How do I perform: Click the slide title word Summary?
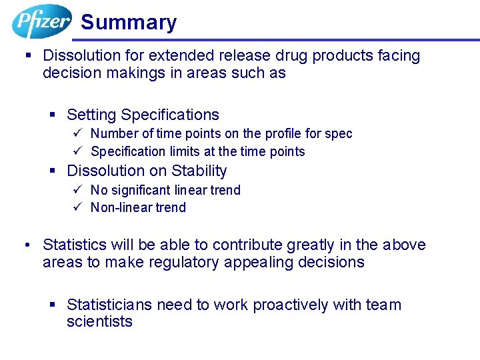[129, 23]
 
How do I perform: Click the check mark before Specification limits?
[77, 151]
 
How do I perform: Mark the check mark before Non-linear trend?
[77, 207]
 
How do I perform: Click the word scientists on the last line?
[99, 322]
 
